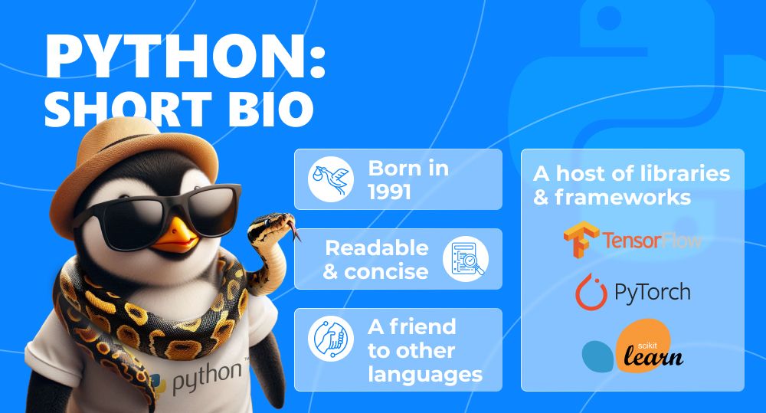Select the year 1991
pyautogui.click(x=389, y=192)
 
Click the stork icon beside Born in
pyautogui.click(x=331, y=179)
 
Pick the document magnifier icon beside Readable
pyautogui.click(x=466, y=258)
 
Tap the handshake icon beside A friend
pyautogui.click(x=331, y=339)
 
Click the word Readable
pyautogui.click(x=377, y=247)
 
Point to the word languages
pyautogui.click(x=425, y=375)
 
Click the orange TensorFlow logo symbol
pyautogui.click(x=581, y=239)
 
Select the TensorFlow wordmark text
pyautogui.click(x=652, y=240)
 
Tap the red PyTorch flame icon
pyautogui.click(x=591, y=292)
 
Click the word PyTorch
pyautogui.click(x=652, y=293)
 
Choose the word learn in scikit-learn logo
pyautogui.click(x=653, y=356)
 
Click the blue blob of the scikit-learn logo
pyautogui.click(x=597, y=356)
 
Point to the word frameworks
pyautogui.click(x=623, y=198)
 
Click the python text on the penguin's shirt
pyautogui.click(x=207, y=377)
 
